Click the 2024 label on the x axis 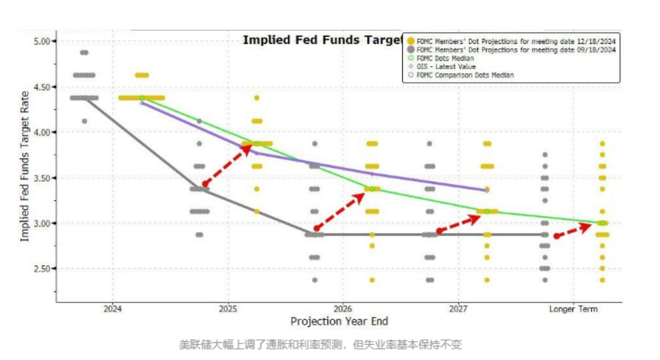[112, 309]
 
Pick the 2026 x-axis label [343, 309]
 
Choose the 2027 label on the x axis [458, 309]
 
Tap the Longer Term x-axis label [573, 309]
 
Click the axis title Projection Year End [339, 322]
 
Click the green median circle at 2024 [141, 98]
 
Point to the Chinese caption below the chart [320, 345]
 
